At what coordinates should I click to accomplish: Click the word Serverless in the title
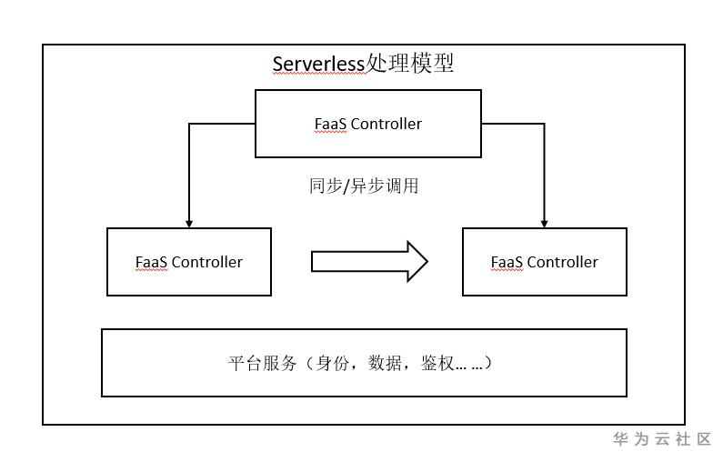[318, 65]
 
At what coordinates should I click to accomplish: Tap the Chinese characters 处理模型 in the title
[409, 64]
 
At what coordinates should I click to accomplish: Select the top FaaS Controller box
[367, 124]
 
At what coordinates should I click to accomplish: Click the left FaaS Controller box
[189, 262]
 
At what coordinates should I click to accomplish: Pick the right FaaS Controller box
[544, 262]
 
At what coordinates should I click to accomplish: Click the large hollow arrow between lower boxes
[368, 262]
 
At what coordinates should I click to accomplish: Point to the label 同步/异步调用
[364, 186]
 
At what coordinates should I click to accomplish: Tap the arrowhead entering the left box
[189, 223]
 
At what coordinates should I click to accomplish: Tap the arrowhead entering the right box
[544, 223]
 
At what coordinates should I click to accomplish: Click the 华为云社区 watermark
[662, 439]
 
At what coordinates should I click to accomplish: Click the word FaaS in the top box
[331, 124]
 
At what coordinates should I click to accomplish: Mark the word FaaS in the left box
[152, 262]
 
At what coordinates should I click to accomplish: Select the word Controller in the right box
[563, 262]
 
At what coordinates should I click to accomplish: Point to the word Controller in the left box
[207, 262]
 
